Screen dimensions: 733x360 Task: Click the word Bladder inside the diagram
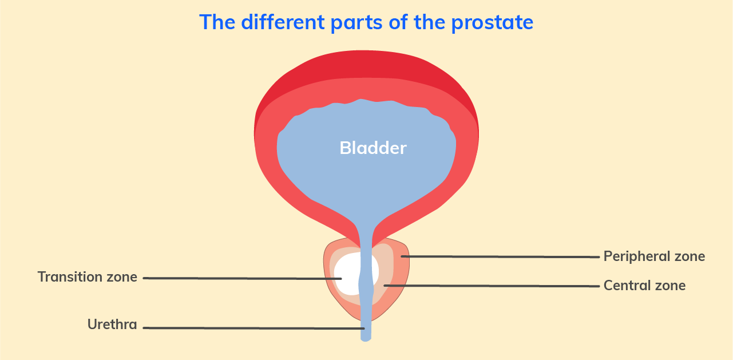pyautogui.click(x=373, y=148)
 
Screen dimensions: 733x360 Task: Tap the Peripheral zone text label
pyautogui.click(x=654, y=256)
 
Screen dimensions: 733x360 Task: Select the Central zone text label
pyautogui.click(x=644, y=286)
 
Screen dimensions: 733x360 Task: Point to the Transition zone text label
pyautogui.click(x=88, y=277)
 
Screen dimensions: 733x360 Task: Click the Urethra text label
pyautogui.click(x=112, y=325)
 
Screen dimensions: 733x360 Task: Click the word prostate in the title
pyautogui.click(x=492, y=23)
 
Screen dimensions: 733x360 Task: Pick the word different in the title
pyautogui.click(x=283, y=22)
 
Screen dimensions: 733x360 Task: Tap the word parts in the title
pyautogui.click(x=356, y=23)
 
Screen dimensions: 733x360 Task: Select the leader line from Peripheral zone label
pyautogui.click(x=500, y=257)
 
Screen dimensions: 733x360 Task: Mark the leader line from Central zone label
pyautogui.click(x=492, y=286)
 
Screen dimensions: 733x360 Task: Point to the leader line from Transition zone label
pyautogui.click(x=243, y=278)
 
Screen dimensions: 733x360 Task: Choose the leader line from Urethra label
pyautogui.click(x=254, y=328)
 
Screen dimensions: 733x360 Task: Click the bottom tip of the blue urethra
pyautogui.click(x=366, y=341)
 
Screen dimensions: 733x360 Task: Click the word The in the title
pyautogui.click(x=217, y=22)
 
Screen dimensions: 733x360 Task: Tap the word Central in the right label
pyautogui.click(x=627, y=286)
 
